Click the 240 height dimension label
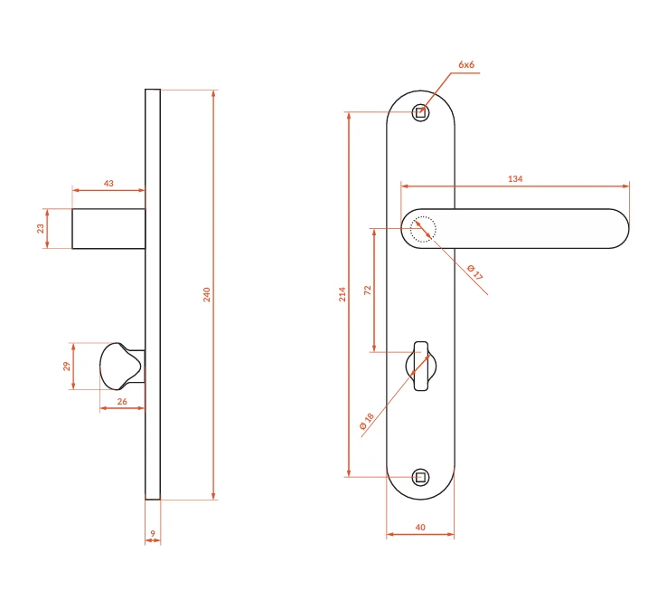tap(207, 295)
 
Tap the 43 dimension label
tap(108, 184)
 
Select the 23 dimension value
tap(41, 228)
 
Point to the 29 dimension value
tap(67, 366)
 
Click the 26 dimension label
tap(122, 402)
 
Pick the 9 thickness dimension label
tap(153, 533)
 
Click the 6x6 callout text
tap(466, 64)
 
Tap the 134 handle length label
tap(515, 179)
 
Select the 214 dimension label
tap(343, 294)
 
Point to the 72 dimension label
tap(368, 290)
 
